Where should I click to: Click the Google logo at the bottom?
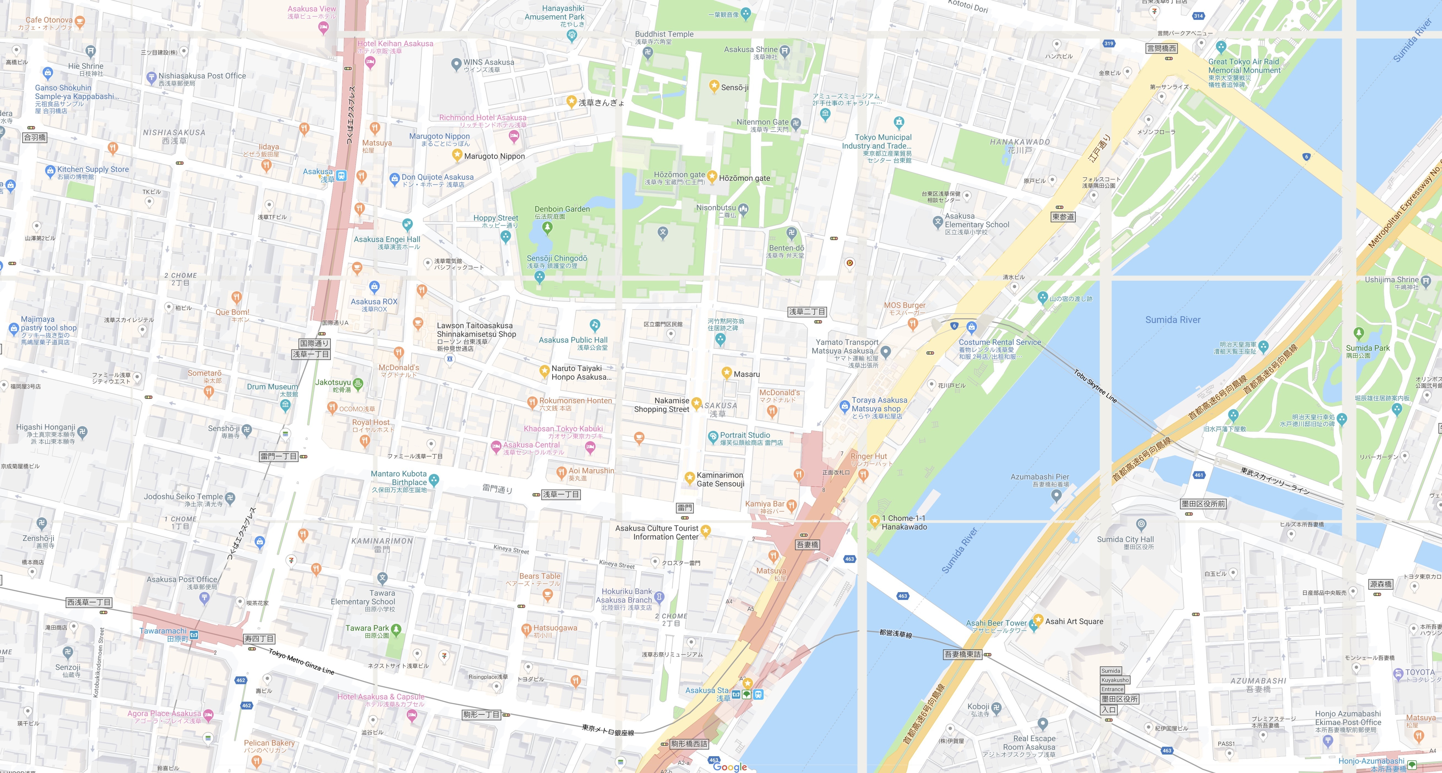click(730, 767)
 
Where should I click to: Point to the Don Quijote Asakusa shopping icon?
click(394, 179)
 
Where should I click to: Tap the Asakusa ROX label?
click(374, 302)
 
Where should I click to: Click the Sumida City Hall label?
click(1125, 540)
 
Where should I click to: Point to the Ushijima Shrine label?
click(1392, 279)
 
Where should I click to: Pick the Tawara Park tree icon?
click(396, 629)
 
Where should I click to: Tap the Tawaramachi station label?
click(163, 631)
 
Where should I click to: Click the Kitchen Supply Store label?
click(93, 169)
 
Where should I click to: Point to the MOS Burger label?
click(905, 305)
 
